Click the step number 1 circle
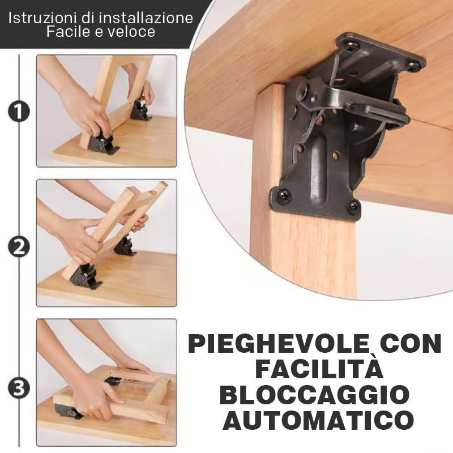tap(19, 111)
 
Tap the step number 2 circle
tap(19, 247)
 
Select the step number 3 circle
tap(19, 388)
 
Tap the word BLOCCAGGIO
tap(317, 395)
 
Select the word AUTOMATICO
tap(318, 420)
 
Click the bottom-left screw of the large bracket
tap(284, 194)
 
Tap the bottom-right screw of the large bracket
tap(353, 206)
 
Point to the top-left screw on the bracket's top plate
tap(353, 46)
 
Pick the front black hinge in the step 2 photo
tap(86, 277)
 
